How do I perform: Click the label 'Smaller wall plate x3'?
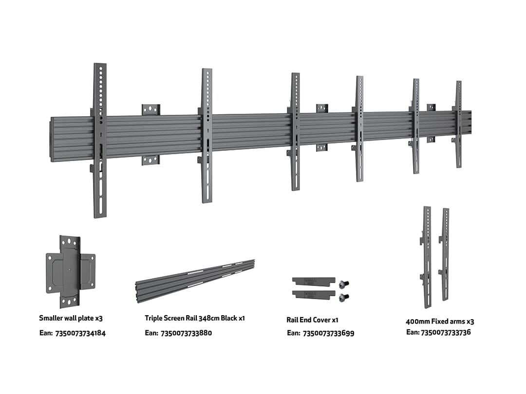click(71, 318)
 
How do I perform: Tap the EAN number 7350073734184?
click(80, 333)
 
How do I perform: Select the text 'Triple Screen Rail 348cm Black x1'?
click(194, 318)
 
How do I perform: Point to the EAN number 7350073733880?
click(186, 333)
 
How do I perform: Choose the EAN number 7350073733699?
click(328, 333)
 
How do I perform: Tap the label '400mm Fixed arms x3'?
click(440, 322)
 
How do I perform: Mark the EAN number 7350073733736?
click(445, 332)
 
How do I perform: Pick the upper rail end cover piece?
click(313, 281)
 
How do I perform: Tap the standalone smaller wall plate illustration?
click(71, 271)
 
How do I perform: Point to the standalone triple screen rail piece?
click(195, 281)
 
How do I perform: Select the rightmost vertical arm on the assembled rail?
click(458, 125)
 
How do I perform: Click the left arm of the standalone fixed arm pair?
click(427, 257)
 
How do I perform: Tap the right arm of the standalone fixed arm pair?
click(445, 254)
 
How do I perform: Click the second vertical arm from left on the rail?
click(207, 135)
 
